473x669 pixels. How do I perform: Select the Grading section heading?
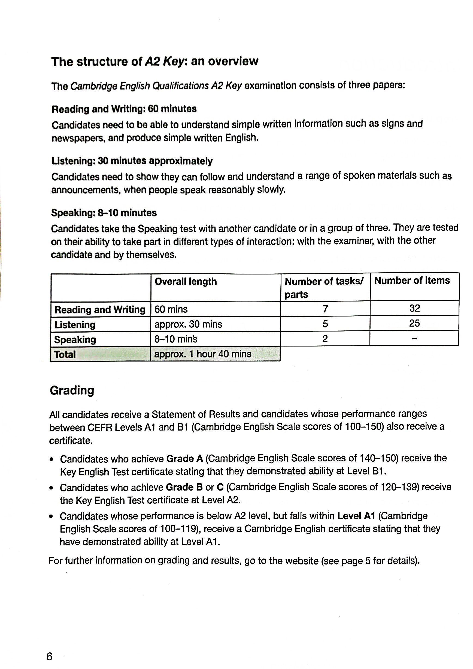(x=72, y=390)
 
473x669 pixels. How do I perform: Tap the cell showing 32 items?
(x=414, y=308)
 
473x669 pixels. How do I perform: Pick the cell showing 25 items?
(x=414, y=323)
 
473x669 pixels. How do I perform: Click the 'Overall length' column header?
(x=186, y=281)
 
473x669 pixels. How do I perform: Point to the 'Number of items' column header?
(x=412, y=280)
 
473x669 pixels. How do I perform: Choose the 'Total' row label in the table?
(x=65, y=354)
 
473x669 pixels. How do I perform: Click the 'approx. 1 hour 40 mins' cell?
(x=203, y=354)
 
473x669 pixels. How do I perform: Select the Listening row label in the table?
(x=75, y=325)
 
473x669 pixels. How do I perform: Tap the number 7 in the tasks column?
(x=325, y=309)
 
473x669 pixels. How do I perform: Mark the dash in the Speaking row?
(x=414, y=339)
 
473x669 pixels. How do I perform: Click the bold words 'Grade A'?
(x=184, y=459)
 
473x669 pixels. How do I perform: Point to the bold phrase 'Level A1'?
(x=356, y=516)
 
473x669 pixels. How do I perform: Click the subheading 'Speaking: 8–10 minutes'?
(x=104, y=213)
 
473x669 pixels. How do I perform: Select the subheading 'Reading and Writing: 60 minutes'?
(x=124, y=109)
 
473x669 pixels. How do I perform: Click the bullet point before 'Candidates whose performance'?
(x=51, y=516)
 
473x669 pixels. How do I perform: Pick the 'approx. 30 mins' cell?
(x=188, y=324)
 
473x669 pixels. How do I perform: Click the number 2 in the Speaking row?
(x=325, y=339)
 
